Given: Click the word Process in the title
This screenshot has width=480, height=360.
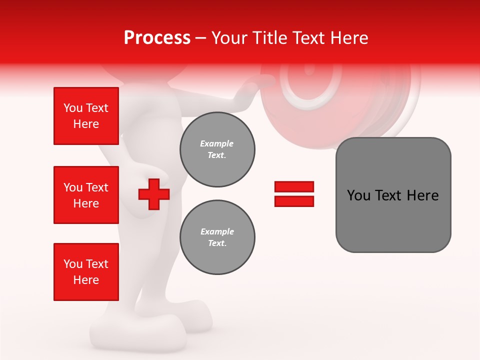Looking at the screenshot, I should tap(157, 38).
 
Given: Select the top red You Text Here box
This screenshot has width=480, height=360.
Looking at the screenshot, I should tap(86, 116).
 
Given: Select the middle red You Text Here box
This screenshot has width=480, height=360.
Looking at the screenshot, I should tap(86, 195).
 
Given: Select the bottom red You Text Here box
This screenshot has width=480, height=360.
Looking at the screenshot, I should tap(86, 272).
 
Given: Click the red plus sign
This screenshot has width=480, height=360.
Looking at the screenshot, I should tap(154, 194).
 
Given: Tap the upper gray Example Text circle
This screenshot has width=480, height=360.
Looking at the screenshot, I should tap(217, 149).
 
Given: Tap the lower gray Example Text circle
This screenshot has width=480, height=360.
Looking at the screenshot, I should tap(217, 237).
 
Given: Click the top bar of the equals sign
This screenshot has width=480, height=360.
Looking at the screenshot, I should tap(294, 187).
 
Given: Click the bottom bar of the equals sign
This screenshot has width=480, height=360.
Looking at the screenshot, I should tap(294, 201).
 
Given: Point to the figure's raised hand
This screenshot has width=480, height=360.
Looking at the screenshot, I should tap(250, 90).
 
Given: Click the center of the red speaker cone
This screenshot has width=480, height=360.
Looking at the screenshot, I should tap(310, 70).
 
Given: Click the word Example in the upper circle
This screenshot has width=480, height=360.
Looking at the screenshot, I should tap(217, 143).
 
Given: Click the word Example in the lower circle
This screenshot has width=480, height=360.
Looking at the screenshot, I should tap(217, 231).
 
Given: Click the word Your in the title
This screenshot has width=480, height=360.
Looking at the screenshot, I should tap(228, 38).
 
